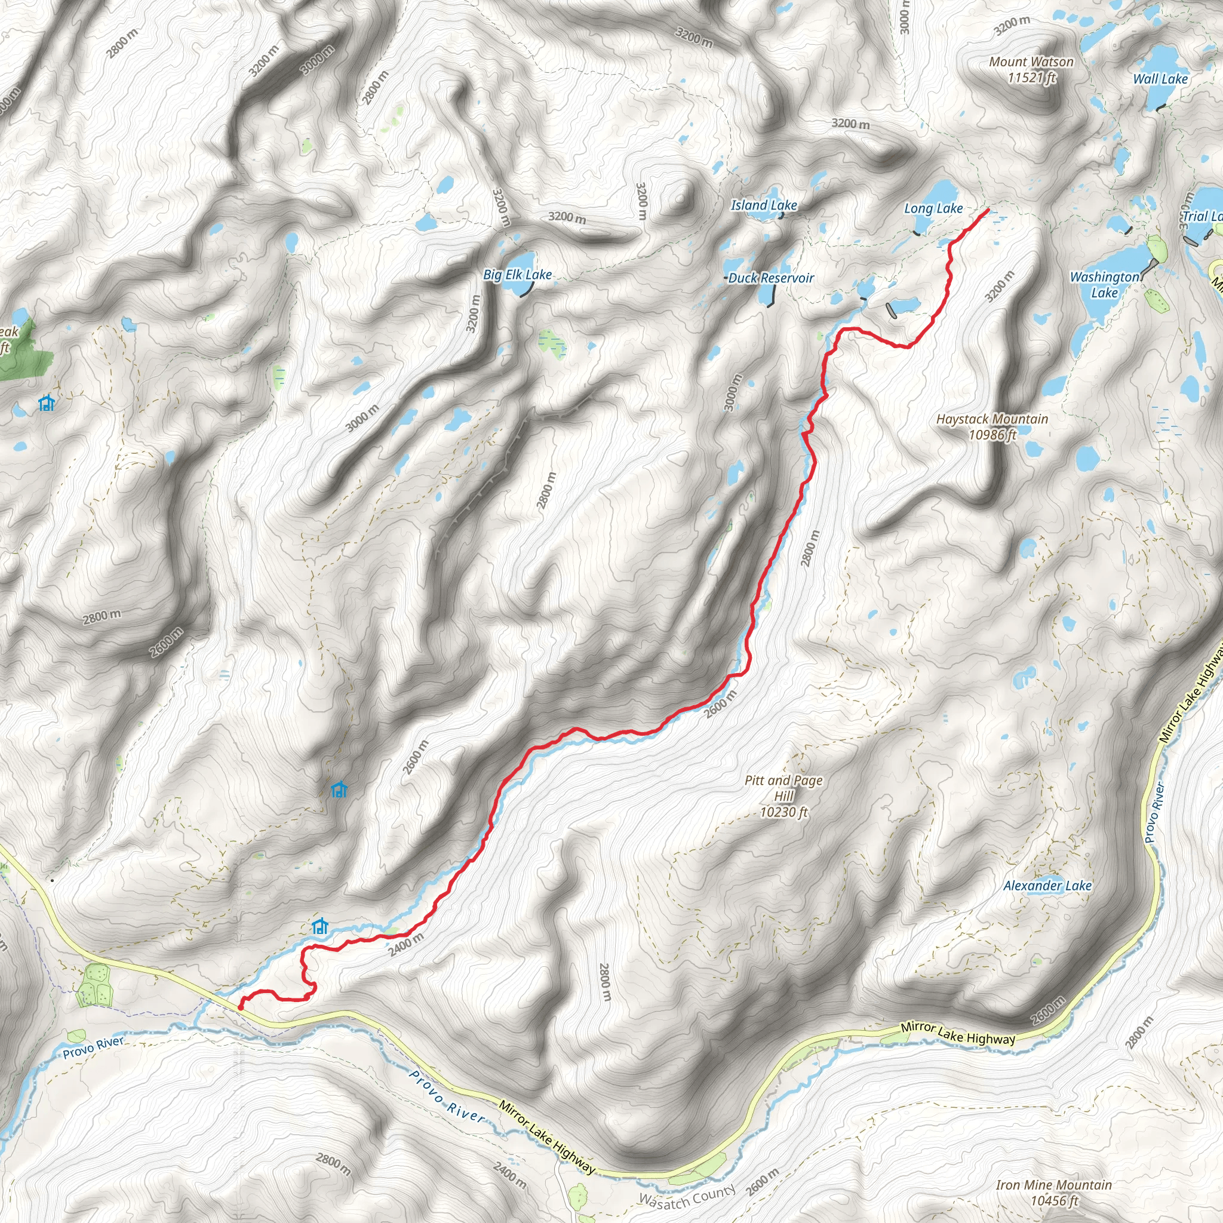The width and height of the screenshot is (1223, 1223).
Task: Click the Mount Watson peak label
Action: click(1031, 70)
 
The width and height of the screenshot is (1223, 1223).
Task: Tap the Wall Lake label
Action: click(1160, 79)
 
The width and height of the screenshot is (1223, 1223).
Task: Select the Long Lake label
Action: click(933, 208)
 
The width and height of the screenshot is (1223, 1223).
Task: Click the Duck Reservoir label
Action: click(770, 278)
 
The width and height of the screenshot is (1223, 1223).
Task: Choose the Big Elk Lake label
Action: click(517, 275)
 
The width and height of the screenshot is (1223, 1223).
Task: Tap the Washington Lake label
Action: click(1105, 284)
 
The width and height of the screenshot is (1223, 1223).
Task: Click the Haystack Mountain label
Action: click(992, 426)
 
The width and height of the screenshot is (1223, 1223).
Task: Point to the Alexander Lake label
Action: click(1047, 886)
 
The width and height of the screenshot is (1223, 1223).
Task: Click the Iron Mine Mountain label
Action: click(1054, 1193)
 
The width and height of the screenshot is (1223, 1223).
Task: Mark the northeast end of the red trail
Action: click(988, 210)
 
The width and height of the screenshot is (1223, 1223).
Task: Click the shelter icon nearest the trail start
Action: click(320, 926)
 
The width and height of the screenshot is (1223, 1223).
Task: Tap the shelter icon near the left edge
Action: click(46, 402)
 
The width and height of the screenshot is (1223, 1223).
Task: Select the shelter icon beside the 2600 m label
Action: click(339, 789)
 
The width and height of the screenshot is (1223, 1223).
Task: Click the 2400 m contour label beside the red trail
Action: click(405, 945)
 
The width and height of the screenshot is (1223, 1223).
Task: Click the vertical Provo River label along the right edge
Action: click(1155, 813)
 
